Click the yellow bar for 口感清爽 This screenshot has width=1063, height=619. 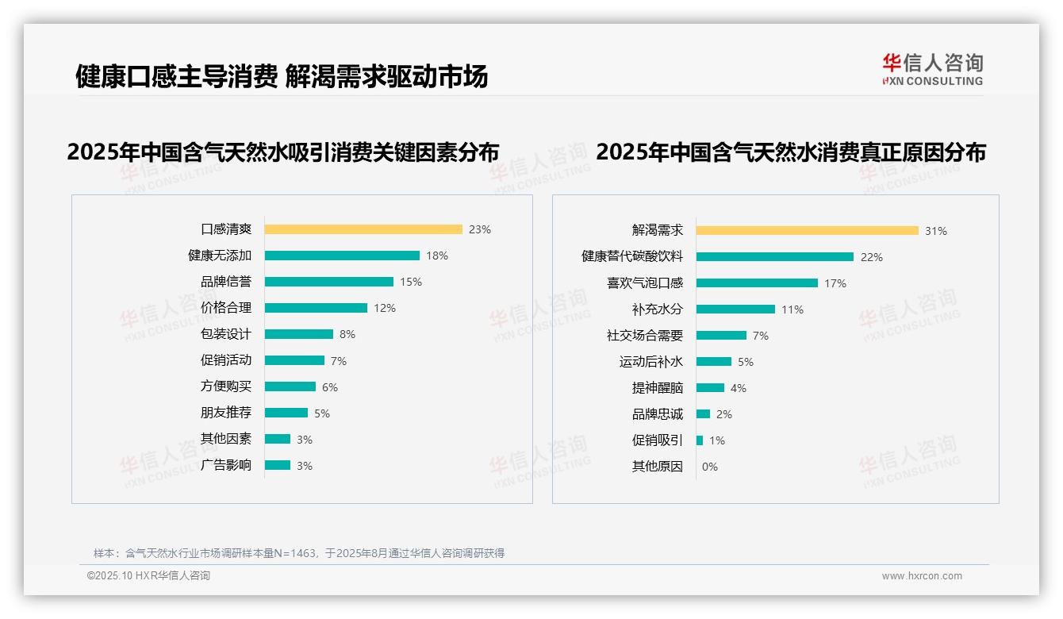(363, 229)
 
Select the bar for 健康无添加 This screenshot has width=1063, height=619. (342, 256)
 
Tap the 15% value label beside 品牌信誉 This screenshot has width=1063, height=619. (411, 282)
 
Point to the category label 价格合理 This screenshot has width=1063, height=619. (226, 308)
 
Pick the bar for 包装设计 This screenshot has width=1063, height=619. (299, 334)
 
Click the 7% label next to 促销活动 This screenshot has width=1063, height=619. (339, 361)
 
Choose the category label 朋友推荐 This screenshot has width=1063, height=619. (226, 413)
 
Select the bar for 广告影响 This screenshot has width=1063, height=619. (278, 465)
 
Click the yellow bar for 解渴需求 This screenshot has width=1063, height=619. (808, 231)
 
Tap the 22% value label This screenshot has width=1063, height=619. (872, 257)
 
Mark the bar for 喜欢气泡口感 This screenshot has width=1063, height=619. (757, 283)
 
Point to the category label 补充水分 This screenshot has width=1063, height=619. (658, 309)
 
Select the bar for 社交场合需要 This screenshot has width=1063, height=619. (721, 336)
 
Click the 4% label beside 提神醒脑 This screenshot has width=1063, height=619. (739, 388)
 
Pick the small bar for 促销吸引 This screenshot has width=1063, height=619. (700, 440)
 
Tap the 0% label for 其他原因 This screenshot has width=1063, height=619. (710, 467)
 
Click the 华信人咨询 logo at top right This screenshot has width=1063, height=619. (933, 69)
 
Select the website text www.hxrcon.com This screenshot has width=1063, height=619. (922, 576)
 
